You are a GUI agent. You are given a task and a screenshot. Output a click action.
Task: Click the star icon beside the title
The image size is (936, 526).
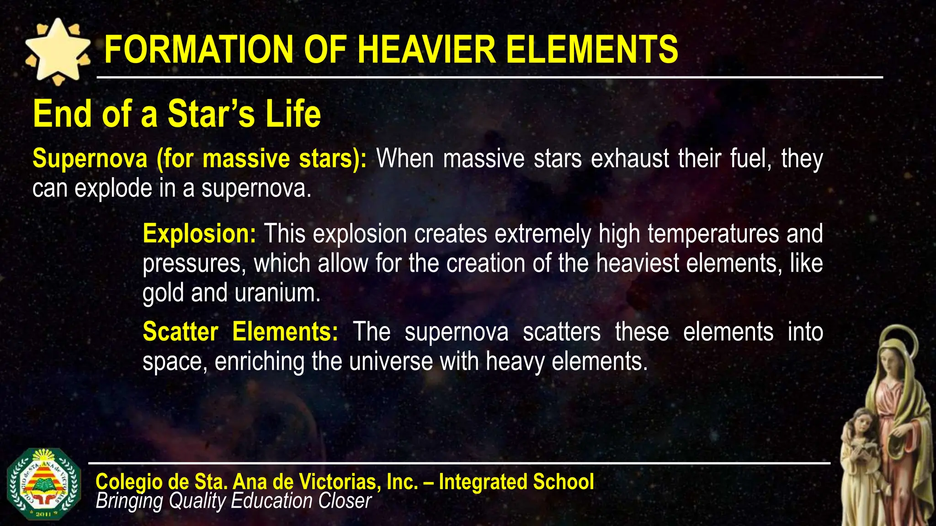58,51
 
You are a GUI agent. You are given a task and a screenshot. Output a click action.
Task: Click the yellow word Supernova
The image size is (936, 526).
90,158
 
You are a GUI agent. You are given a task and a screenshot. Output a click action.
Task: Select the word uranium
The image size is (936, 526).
278,293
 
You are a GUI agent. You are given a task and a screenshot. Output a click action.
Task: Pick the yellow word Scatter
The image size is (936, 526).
180,331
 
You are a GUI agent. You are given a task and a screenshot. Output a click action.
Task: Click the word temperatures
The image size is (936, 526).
713,234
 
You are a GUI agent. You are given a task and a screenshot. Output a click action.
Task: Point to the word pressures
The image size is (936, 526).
194,263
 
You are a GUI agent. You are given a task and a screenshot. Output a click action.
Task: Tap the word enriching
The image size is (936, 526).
260,362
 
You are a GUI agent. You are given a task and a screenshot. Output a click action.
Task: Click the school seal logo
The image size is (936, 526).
44,484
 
